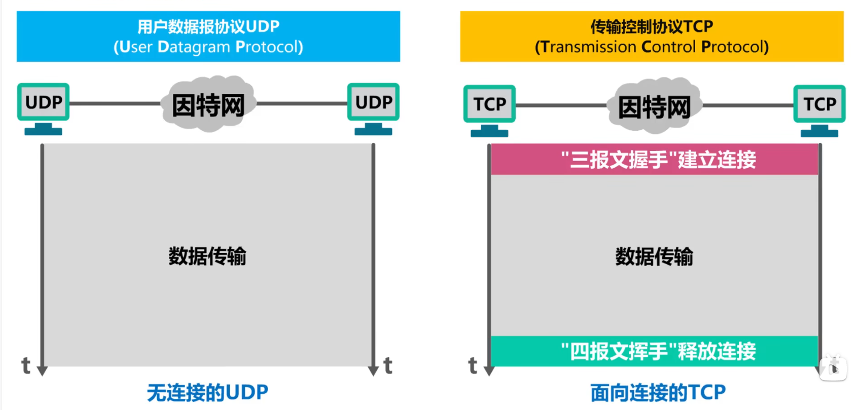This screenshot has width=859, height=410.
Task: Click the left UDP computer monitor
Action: tap(43, 109)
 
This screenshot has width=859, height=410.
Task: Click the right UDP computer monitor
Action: tap(373, 109)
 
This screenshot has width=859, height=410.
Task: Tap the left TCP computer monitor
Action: tap(489, 111)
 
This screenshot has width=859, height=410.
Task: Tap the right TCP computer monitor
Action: tap(819, 111)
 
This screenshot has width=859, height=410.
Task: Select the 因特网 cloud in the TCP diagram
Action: tap(654, 106)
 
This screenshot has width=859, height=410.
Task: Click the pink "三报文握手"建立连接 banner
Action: tap(655, 160)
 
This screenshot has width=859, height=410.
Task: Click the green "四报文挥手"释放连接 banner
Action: tap(655, 351)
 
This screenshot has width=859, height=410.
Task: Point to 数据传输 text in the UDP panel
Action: tap(207, 256)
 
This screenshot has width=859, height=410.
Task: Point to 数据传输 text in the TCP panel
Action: tap(654, 256)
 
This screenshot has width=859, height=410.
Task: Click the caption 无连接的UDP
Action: tap(207, 393)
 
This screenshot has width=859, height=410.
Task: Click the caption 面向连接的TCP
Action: tap(658, 393)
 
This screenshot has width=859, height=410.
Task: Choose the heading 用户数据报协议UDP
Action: tap(208, 26)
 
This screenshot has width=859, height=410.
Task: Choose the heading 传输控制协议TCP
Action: tap(652, 26)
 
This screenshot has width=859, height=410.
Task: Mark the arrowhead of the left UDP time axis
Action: tap(42, 371)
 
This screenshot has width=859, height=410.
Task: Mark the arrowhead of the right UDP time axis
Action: tap(373, 371)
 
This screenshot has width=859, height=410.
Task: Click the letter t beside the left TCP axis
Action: tap(473, 365)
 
